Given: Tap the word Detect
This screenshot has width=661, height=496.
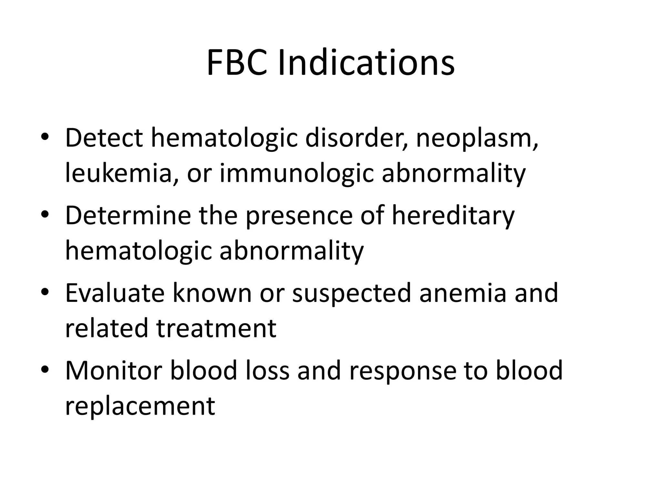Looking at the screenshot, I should pyautogui.click(x=104, y=138).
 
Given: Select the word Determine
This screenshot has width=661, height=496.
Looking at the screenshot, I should pyautogui.click(x=128, y=215).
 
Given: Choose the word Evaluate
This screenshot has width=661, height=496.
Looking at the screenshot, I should pyautogui.click(x=115, y=293).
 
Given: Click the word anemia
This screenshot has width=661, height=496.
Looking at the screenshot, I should pyautogui.click(x=463, y=293).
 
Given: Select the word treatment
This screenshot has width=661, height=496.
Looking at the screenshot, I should pyautogui.click(x=216, y=328).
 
